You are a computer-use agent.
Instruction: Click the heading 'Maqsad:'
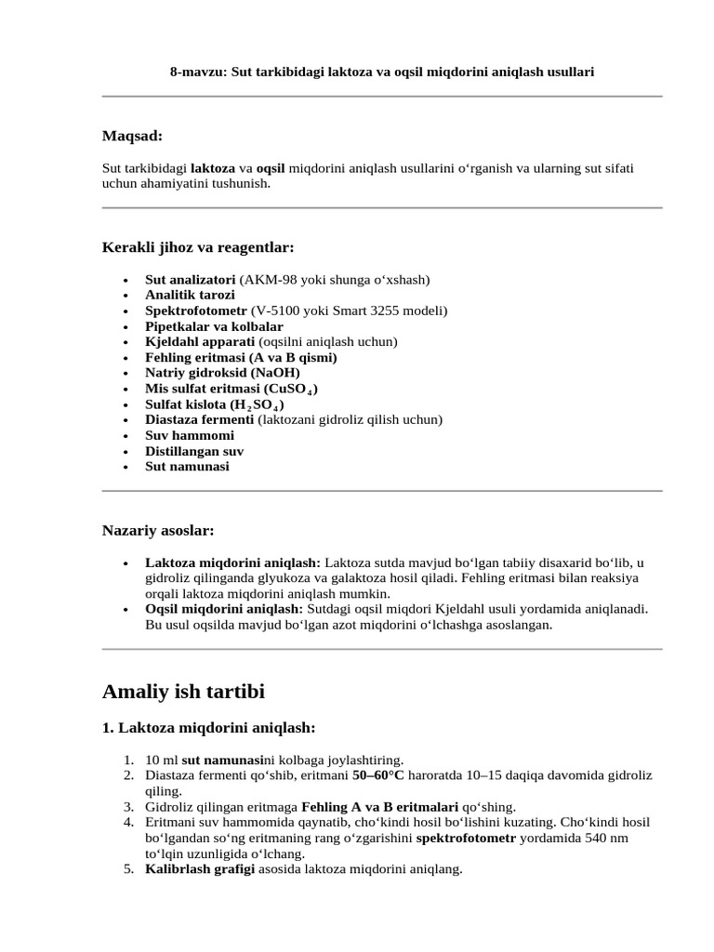[132, 137]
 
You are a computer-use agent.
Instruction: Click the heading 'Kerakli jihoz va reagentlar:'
[197, 247]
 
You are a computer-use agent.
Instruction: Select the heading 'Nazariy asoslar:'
[157, 530]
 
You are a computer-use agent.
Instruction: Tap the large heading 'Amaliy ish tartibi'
[183, 692]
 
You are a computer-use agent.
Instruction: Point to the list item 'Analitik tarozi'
[190, 295]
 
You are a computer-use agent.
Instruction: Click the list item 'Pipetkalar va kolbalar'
[214, 326]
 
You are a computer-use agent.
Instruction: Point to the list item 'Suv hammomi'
[190, 435]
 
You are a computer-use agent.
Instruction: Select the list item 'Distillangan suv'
[194, 451]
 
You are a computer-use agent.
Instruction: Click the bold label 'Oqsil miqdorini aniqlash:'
[218, 609]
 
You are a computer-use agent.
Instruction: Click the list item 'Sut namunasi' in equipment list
[187, 467]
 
